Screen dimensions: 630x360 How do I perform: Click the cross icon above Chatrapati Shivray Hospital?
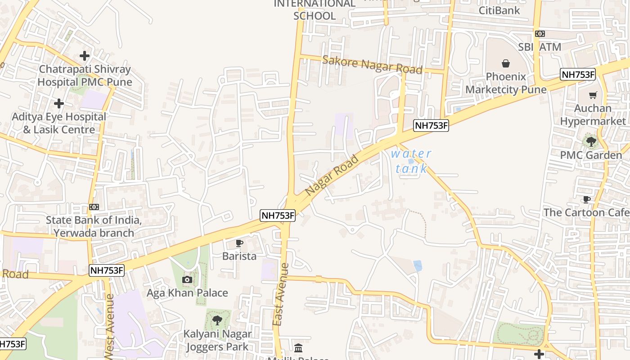84,56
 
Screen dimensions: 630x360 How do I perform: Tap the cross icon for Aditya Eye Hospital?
59,103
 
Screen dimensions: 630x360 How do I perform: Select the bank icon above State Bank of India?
94,207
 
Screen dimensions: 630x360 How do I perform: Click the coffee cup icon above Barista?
239,243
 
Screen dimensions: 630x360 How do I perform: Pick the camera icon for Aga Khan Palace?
187,280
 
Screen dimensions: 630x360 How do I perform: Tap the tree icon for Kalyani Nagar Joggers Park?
217,320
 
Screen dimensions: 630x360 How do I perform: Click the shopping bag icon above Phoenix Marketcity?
506,63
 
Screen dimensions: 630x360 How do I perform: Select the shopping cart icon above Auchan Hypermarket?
593,95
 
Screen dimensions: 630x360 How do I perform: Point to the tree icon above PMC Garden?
591,142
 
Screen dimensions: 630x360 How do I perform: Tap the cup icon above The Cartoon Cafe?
586,199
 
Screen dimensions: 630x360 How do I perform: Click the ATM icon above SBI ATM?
540,34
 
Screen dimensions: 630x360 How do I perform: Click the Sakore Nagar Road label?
372,65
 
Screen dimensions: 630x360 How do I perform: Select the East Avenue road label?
281,294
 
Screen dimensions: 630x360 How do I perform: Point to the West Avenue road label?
109,326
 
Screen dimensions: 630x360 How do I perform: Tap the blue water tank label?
411,161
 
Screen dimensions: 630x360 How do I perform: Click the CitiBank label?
499,10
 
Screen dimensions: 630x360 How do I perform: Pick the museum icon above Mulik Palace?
298,348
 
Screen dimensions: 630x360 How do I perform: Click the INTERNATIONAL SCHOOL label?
315,9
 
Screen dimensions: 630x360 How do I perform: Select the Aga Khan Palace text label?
187,293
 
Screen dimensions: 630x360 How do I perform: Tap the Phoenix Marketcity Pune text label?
506,83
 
